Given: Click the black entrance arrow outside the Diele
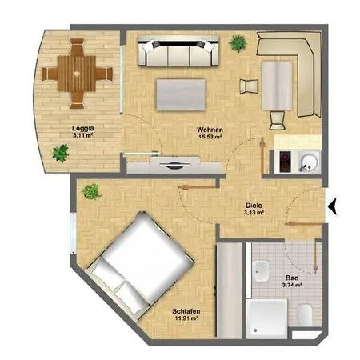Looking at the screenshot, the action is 334,206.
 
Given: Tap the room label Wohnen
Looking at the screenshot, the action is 210,130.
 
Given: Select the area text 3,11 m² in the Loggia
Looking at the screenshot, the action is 82,135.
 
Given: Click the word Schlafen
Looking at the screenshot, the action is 186,311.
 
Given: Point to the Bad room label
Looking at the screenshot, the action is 292,278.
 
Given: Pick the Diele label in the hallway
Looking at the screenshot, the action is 254,206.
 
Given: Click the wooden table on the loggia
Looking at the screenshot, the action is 77,74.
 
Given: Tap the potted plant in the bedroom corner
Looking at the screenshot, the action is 91,191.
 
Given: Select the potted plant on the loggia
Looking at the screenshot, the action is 61,153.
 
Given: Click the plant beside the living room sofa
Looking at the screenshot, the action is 238,43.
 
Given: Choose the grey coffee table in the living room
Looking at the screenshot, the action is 181,94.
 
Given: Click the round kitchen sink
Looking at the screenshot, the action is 309,161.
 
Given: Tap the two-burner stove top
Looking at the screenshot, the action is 285,162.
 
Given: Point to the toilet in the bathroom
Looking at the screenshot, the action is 305,315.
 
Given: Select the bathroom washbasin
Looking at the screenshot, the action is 262,271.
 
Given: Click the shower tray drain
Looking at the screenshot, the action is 255,330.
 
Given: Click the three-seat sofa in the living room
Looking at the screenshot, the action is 178,51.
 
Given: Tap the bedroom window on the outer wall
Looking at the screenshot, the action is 73,234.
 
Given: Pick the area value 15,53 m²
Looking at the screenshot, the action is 210,137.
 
